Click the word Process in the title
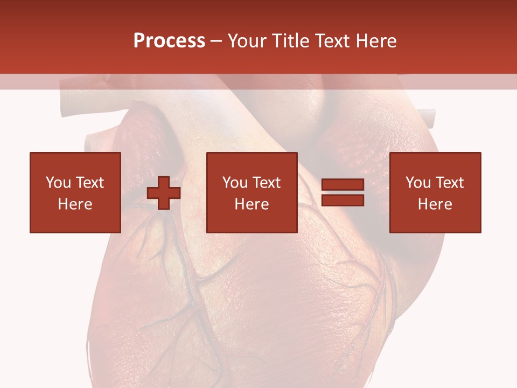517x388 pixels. pyautogui.click(x=169, y=41)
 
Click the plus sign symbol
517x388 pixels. pyautogui.click(x=164, y=193)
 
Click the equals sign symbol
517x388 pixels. pyautogui.click(x=343, y=193)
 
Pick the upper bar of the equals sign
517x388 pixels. pyautogui.click(x=343, y=185)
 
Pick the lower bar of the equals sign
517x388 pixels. pyautogui.click(x=343, y=200)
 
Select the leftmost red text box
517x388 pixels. pyautogui.click(x=75, y=192)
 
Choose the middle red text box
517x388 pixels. pyautogui.click(x=251, y=192)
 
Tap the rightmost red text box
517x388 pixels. pyautogui.click(x=435, y=192)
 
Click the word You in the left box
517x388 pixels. pyautogui.click(x=58, y=183)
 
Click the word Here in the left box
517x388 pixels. pyautogui.click(x=75, y=204)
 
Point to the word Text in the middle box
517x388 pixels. pyautogui.click(x=266, y=183)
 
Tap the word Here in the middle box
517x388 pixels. pyautogui.click(x=251, y=204)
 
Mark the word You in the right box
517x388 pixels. pyautogui.click(x=418, y=183)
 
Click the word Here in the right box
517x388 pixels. pyautogui.click(x=435, y=204)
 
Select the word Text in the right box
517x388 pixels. pyautogui.click(x=449, y=183)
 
